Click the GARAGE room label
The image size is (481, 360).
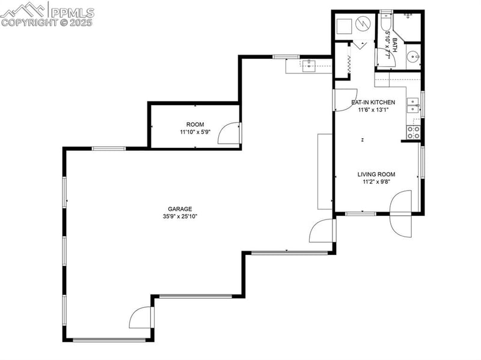coord(180,209)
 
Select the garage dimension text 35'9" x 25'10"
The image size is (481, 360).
coord(180,216)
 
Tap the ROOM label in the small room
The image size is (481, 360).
coord(191,124)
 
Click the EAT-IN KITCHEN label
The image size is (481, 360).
coord(373,102)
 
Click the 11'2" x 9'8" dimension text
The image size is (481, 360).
coord(377,182)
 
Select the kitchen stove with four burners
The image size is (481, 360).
coord(414,132)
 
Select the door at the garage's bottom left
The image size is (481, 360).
coord(142,318)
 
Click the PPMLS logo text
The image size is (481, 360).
coord(72,12)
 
